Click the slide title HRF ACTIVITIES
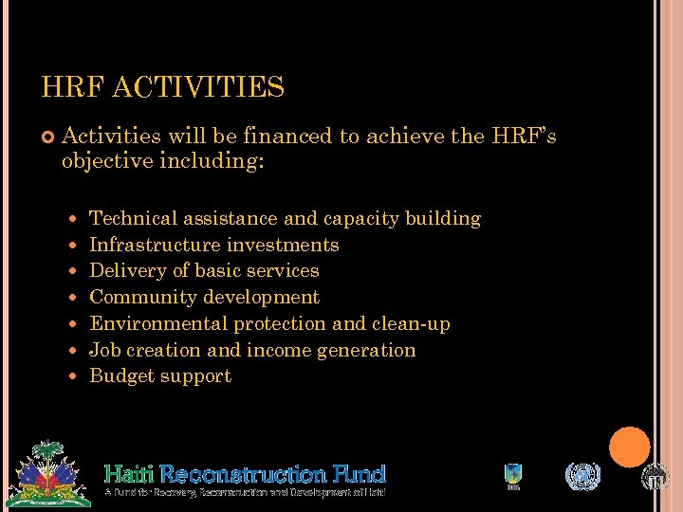click(x=162, y=88)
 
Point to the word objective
click(x=105, y=161)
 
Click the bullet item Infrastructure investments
click(x=213, y=245)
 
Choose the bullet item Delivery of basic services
click(x=204, y=271)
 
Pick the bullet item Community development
click(x=204, y=298)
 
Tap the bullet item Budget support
click(x=160, y=376)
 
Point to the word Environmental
click(x=158, y=324)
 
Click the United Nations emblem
click(x=582, y=476)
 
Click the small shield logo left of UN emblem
click(x=513, y=476)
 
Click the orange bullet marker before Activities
click(x=48, y=138)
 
